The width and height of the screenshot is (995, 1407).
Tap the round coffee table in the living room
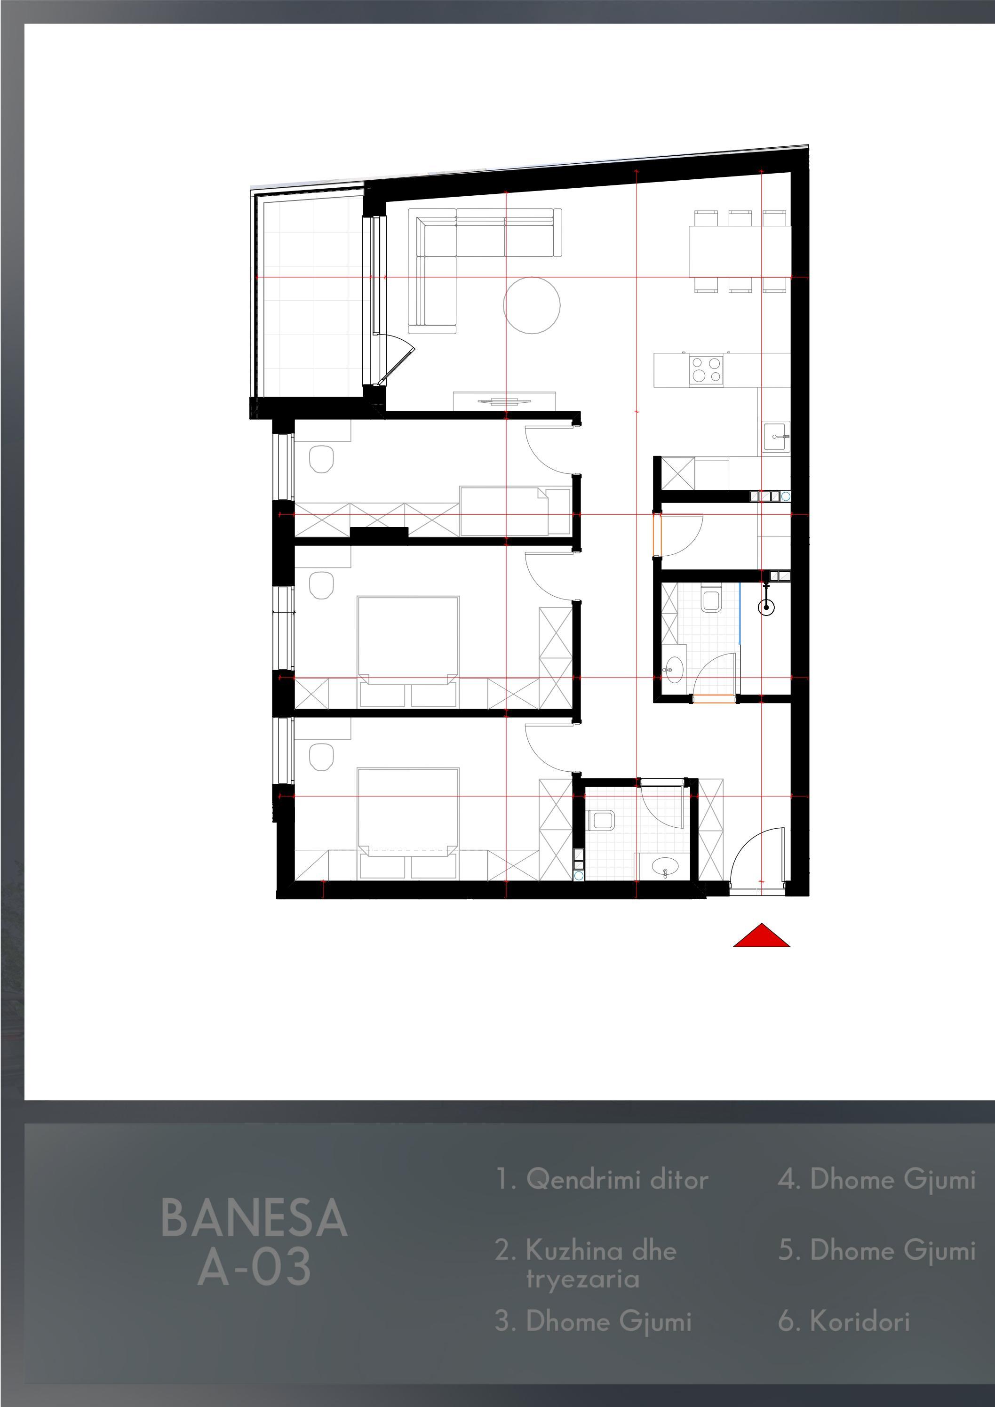click(x=532, y=305)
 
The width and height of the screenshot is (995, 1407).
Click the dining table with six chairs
click(x=740, y=252)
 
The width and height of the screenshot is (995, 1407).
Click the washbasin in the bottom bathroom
click(x=665, y=867)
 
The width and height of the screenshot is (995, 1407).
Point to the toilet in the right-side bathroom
click(x=712, y=599)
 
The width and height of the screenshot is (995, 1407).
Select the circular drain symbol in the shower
click(x=766, y=608)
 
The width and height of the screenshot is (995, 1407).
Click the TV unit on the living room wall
click(x=505, y=401)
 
